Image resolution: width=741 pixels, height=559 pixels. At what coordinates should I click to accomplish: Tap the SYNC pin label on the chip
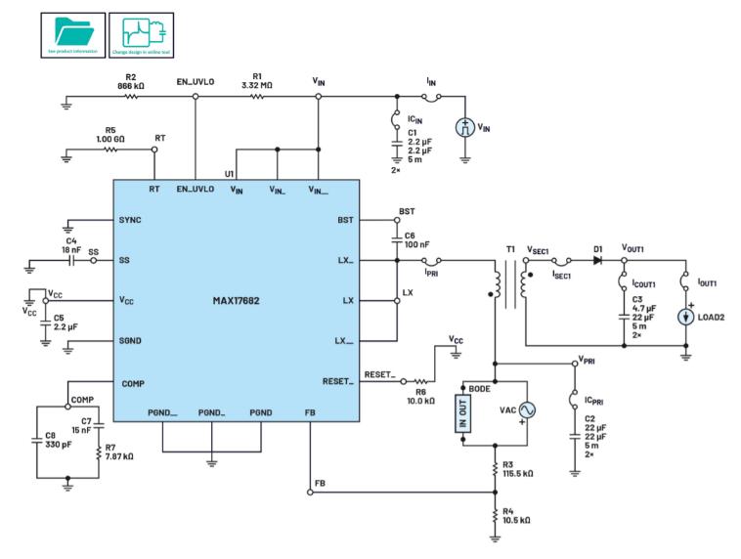coord(130,220)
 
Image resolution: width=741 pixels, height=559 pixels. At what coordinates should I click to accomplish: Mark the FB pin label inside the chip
coord(310,413)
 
